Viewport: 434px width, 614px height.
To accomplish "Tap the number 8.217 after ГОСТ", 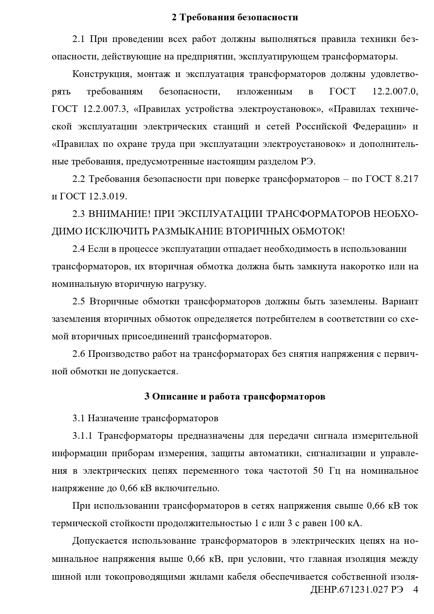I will [406, 179].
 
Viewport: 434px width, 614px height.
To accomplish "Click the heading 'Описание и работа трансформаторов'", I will [235, 396].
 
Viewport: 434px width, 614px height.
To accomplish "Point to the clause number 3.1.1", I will [82, 436].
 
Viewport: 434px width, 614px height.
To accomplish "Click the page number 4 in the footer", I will [415, 599].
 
